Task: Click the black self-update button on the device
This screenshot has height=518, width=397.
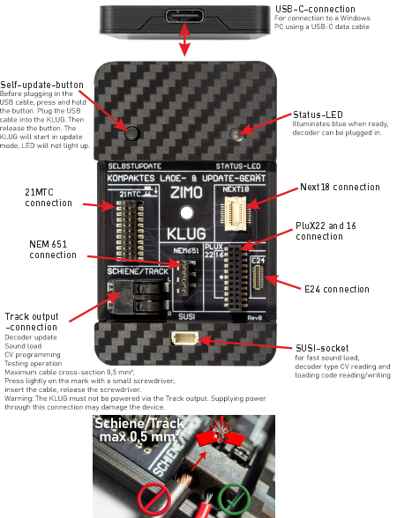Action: click(132, 134)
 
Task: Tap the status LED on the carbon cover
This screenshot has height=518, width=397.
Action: click(236, 134)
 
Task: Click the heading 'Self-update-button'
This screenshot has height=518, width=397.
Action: click(41, 84)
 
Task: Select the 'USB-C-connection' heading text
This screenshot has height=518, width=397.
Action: click(312, 10)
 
